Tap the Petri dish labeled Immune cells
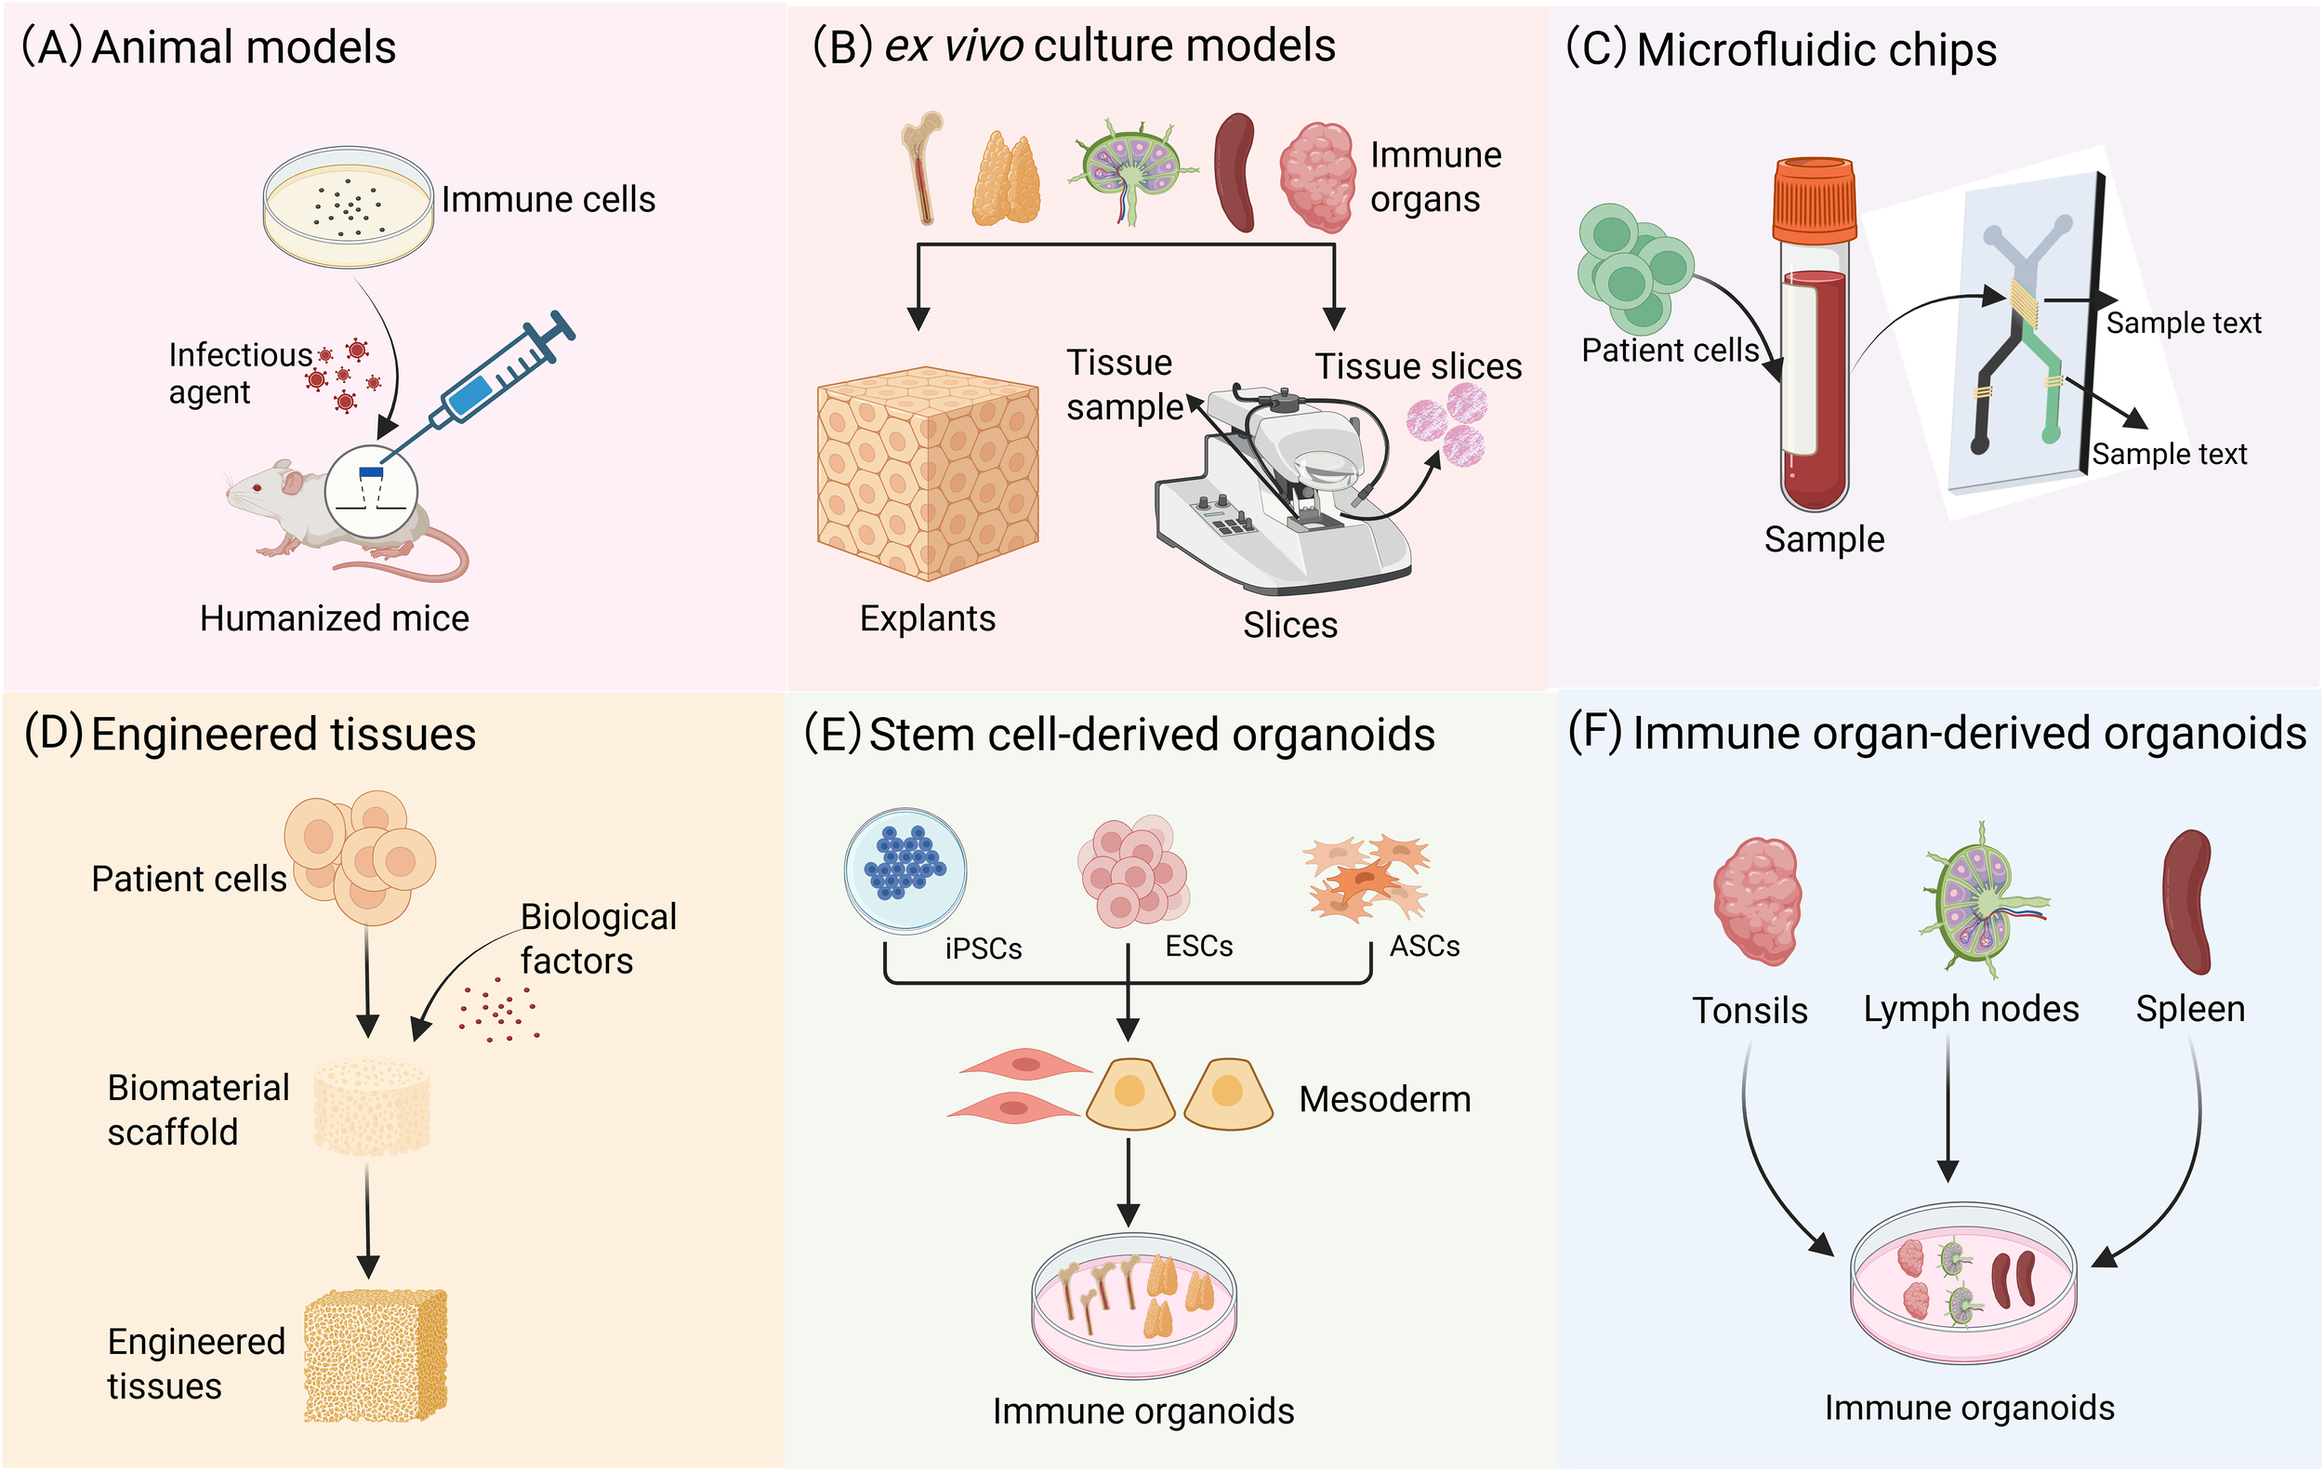click(x=348, y=206)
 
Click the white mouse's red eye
click(x=257, y=487)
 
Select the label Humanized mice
click(x=334, y=617)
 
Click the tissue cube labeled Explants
click(x=928, y=473)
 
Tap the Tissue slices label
click(x=1418, y=365)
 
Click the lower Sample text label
click(x=2170, y=454)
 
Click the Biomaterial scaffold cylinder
click(x=372, y=1107)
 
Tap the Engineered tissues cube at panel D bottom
click(x=376, y=1355)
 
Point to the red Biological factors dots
click(x=497, y=1010)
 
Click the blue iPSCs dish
click(x=905, y=869)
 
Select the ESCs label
click(x=1198, y=946)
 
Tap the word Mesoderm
click(x=1384, y=1099)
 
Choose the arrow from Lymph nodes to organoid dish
click(x=1948, y=1110)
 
